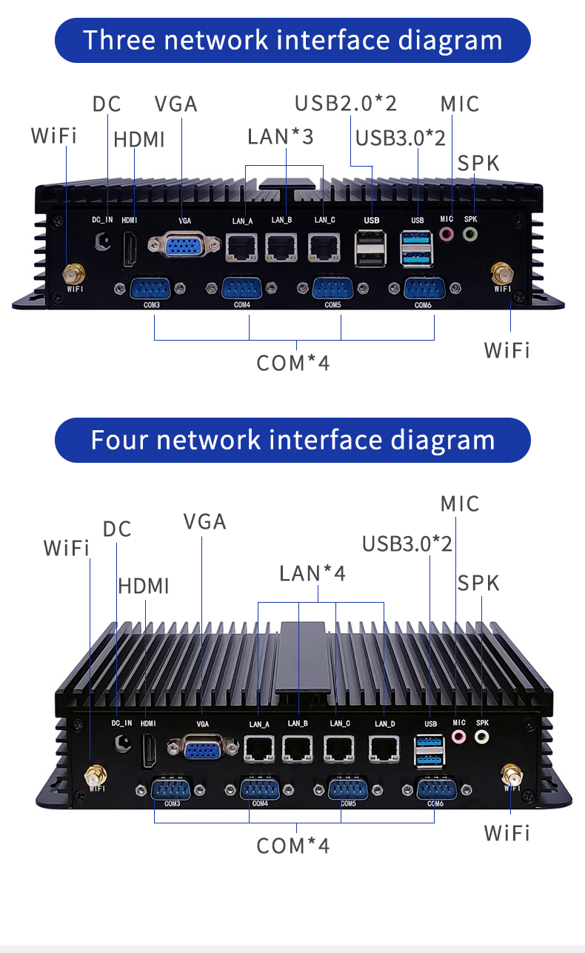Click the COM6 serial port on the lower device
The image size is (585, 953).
(x=435, y=790)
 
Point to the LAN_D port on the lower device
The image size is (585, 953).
(x=384, y=749)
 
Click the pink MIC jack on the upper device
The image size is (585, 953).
(x=447, y=234)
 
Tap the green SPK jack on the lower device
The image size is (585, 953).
(x=482, y=737)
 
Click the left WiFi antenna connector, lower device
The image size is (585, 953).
(x=94, y=778)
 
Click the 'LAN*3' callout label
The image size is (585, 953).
(x=281, y=136)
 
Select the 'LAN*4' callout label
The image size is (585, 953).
(x=312, y=573)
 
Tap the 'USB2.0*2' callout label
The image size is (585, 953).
(x=346, y=103)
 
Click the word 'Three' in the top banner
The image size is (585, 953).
(x=119, y=40)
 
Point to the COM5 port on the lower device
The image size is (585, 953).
(x=347, y=789)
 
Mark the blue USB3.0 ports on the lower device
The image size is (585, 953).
(x=429, y=750)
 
